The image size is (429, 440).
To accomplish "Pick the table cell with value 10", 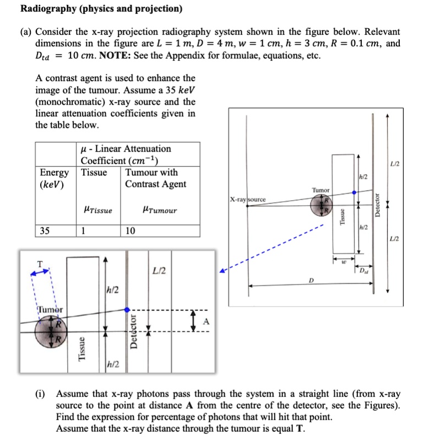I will (x=131, y=230).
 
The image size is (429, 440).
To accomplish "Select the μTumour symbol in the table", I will (x=159, y=210).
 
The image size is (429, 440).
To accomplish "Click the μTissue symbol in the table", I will (x=96, y=210).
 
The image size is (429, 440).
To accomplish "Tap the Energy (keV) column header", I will (x=55, y=178).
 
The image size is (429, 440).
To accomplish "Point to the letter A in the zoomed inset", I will (x=207, y=321).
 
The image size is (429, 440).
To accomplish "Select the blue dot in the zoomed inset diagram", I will (x=128, y=310).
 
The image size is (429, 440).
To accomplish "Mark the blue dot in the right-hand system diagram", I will (x=354, y=193).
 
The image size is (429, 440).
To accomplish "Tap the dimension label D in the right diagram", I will (x=311, y=281).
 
